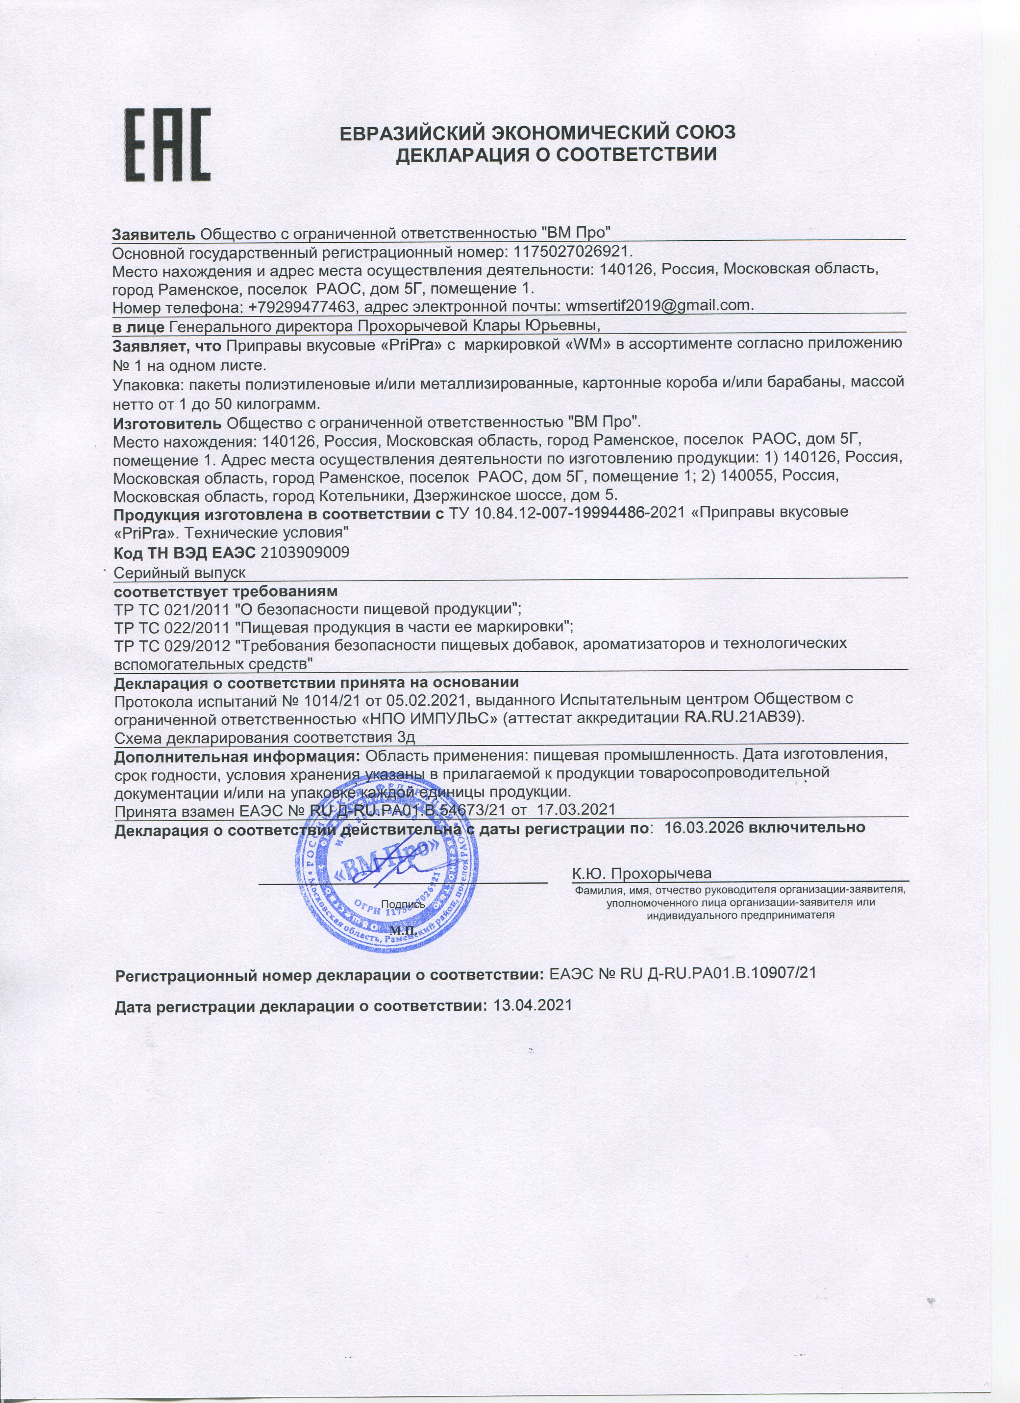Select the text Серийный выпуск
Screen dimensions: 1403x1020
pos(180,573)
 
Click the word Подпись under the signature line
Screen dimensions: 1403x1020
pos(403,904)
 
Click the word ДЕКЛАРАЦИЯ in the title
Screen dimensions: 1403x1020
pos(462,154)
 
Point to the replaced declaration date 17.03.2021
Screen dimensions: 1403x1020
pos(576,810)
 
